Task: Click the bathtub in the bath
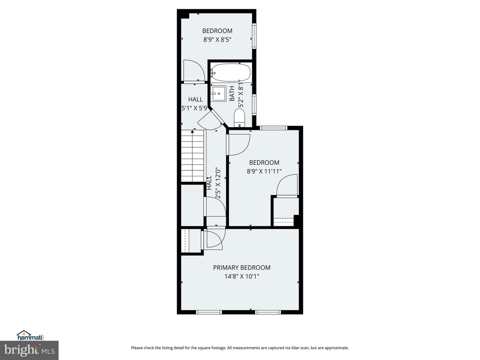pos(231,72)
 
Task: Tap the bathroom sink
pos(219,94)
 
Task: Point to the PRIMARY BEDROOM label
pos(242,268)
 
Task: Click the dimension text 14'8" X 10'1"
pos(242,277)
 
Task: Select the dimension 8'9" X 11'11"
pos(264,171)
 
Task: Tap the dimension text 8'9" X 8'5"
pos(217,40)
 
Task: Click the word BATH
pos(232,94)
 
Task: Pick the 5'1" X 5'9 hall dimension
pos(194,108)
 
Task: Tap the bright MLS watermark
pos(29,350)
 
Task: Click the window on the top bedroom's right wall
pos(254,36)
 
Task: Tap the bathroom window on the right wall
pos(254,105)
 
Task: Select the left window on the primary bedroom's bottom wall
pos(209,312)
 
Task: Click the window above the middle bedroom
pos(273,128)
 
